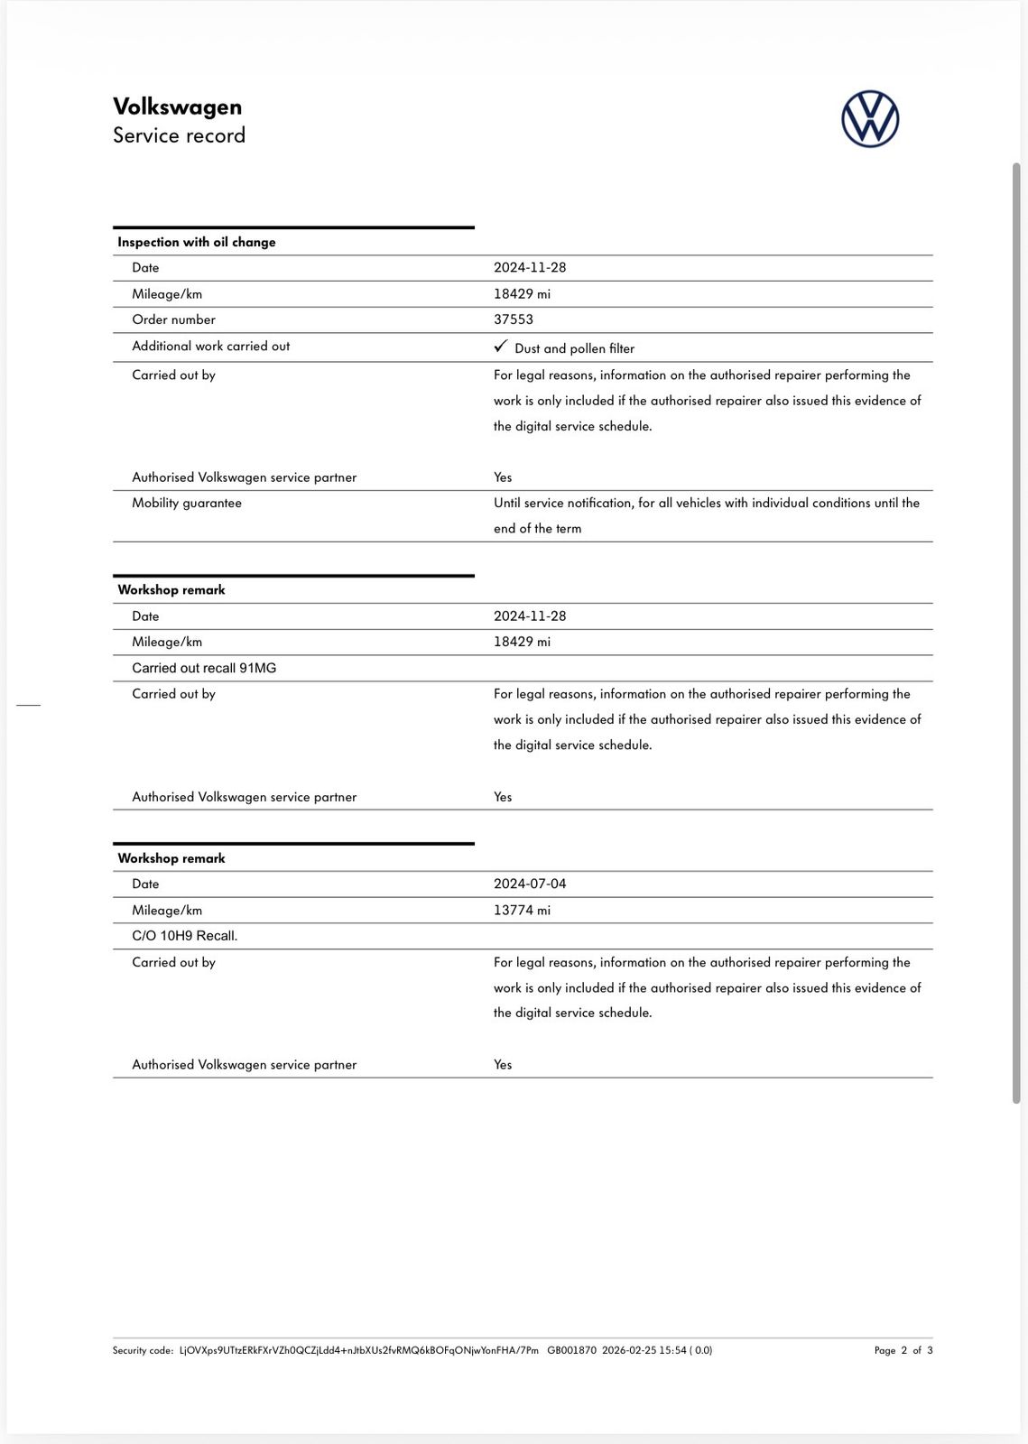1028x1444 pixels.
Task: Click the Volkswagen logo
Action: (x=870, y=119)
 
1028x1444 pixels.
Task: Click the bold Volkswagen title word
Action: (x=177, y=106)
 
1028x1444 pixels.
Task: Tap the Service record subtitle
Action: (x=179, y=135)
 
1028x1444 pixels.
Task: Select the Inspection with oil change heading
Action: (x=196, y=242)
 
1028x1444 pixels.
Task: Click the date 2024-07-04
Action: (x=530, y=884)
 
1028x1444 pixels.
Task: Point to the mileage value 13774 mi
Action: (x=522, y=910)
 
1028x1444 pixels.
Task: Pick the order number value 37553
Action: (x=513, y=319)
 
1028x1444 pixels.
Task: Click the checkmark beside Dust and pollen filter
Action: (x=501, y=347)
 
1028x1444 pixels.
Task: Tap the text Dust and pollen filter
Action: (x=574, y=348)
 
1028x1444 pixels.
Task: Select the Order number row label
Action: (x=173, y=319)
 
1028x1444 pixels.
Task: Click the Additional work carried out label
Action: (x=210, y=346)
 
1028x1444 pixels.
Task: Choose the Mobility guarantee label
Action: (x=186, y=503)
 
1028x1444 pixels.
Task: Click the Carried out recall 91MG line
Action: (x=204, y=668)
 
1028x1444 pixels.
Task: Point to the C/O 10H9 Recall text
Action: (x=184, y=936)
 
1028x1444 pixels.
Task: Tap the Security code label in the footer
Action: (x=143, y=1350)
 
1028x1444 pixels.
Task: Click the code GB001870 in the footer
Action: (x=571, y=1350)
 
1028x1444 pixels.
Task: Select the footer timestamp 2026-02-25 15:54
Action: (x=644, y=1350)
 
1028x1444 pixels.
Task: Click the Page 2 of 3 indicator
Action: (x=903, y=1350)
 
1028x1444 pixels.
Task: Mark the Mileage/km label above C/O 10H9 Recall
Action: (x=167, y=910)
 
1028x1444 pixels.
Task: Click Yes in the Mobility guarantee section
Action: (x=503, y=477)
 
